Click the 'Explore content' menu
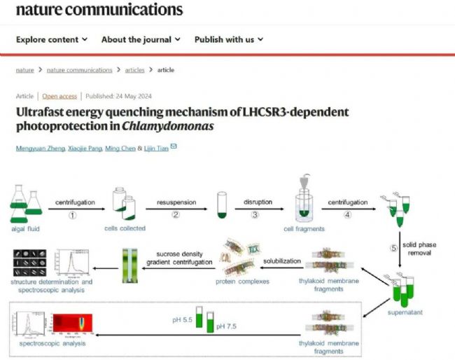point(52,39)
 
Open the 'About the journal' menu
point(141,39)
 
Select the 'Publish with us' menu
point(228,39)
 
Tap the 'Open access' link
point(59,96)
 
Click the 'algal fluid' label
point(27,229)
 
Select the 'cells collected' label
point(125,229)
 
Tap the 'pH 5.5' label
point(182,319)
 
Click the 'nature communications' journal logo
point(99,10)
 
